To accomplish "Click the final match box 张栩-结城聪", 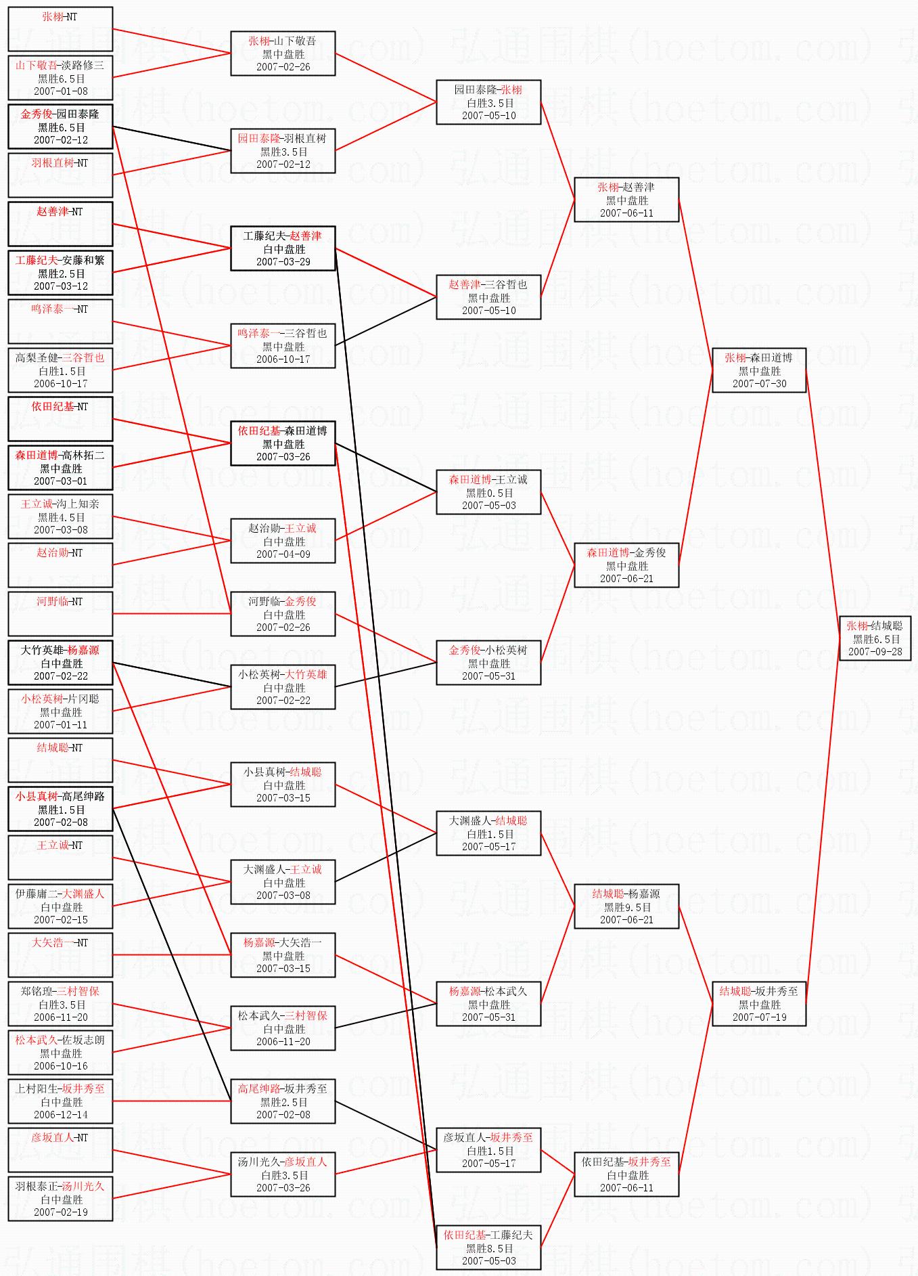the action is point(875,638).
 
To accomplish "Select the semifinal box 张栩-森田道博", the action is point(759,370).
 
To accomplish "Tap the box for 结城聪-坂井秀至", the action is point(759,1004).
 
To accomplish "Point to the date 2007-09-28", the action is point(875,652).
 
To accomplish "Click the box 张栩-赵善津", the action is point(626,200).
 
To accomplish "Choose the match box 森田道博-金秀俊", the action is point(626,565).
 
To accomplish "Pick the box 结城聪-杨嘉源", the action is point(626,906).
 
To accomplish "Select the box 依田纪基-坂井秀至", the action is point(626,1174).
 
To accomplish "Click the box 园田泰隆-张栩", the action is point(488,102).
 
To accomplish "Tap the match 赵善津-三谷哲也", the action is point(488,297).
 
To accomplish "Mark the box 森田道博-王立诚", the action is point(488,492).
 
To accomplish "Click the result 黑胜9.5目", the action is point(627,907).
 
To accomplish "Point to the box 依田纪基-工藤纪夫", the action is point(488,1248).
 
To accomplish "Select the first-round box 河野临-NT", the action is point(60,614).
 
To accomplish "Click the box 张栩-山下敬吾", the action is point(283,53).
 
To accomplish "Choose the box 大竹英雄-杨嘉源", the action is point(60,663).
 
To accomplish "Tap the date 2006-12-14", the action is point(61,1115).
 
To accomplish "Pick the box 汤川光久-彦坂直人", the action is point(283,1174).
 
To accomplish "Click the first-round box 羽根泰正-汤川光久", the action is point(60,1199).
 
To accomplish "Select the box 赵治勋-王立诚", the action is point(283,541).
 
